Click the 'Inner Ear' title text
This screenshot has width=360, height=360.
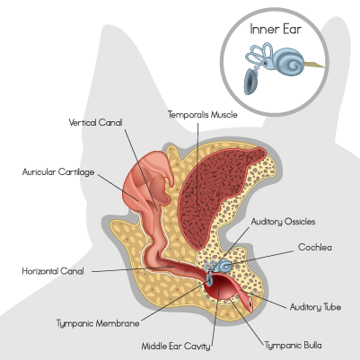276,30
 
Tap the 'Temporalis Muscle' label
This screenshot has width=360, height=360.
203,115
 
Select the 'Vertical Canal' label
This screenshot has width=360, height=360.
95,122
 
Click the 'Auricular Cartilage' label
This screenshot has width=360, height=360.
58,172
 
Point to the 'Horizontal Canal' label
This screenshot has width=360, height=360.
53,271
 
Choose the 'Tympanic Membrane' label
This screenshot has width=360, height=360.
98,323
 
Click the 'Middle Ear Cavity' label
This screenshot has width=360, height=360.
176,347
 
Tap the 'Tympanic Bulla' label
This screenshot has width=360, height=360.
294,346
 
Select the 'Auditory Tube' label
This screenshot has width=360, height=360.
315,307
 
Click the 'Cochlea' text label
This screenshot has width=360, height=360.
315,248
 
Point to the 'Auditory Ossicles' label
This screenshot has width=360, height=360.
283,222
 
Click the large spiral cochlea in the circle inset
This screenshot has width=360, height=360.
289,61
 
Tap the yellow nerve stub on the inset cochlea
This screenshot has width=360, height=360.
314,65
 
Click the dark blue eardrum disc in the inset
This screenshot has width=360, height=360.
250,82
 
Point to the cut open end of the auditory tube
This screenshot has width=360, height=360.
250,305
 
